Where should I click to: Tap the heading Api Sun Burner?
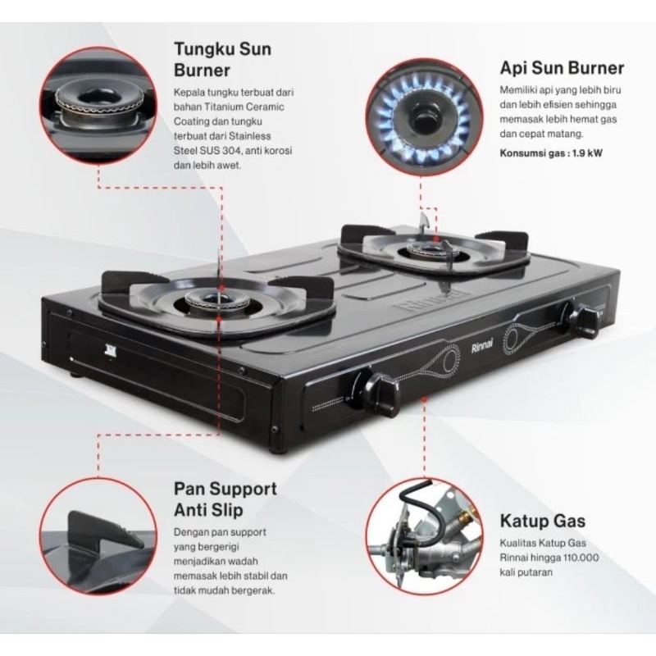point(562,67)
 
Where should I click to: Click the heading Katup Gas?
point(535,519)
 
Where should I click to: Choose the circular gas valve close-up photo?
point(420,535)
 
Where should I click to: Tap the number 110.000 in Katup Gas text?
point(579,555)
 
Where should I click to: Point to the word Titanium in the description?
point(234,106)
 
